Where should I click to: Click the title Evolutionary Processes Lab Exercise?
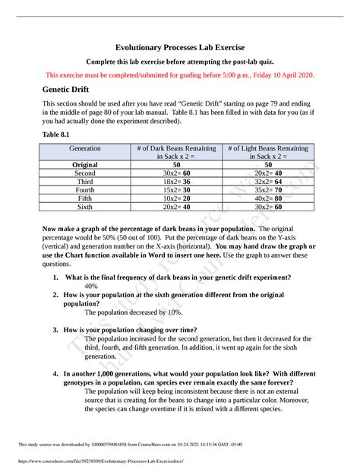tap(179, 47)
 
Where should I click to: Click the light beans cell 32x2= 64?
tap(266, 183)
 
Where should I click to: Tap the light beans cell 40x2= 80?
tap(266, 197)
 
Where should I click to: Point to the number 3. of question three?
tap(57, 330)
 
